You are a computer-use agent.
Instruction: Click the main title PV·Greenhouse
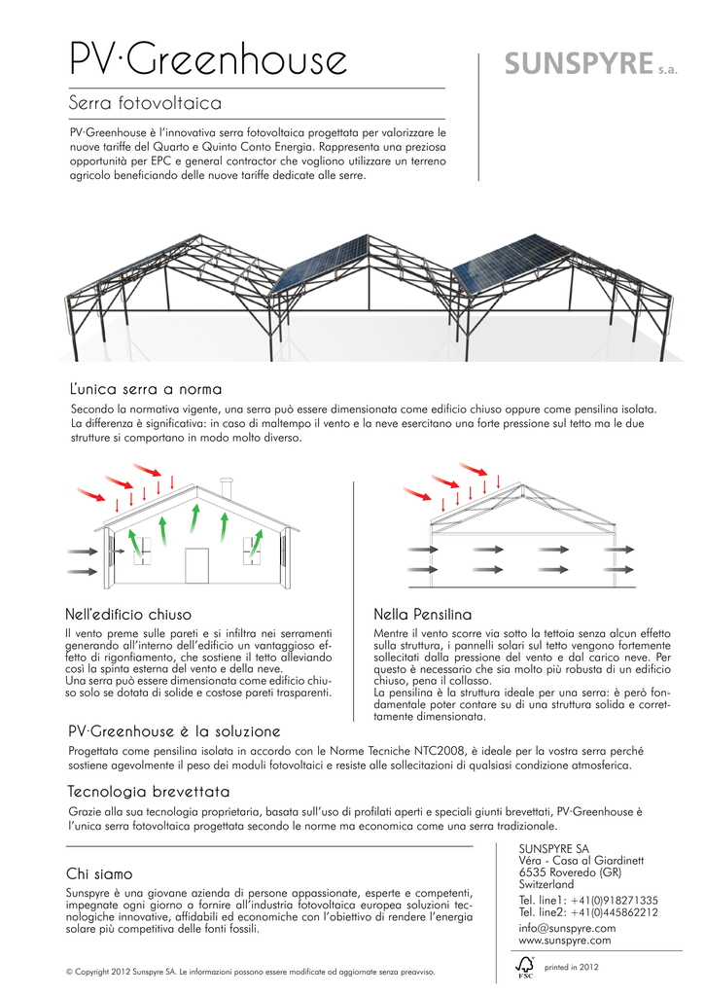(x=209, y=60)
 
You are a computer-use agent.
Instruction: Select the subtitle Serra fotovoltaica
(x=146, y=102)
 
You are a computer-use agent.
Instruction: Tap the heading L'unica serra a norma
(x=146, y=389)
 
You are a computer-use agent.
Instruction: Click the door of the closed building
(x=196, y=565)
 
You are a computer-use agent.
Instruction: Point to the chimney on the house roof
(x=227, y=487)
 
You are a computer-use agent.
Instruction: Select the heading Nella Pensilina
(x=422, y=615)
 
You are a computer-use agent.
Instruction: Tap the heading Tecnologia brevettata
(x=149, y=790)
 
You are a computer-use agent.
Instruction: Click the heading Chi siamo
(x=98, y=874)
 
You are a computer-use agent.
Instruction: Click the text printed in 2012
(x=572, y=967)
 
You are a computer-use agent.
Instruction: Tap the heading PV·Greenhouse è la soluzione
(x=175, y=730)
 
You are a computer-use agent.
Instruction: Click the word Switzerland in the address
(x=546, y=885)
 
